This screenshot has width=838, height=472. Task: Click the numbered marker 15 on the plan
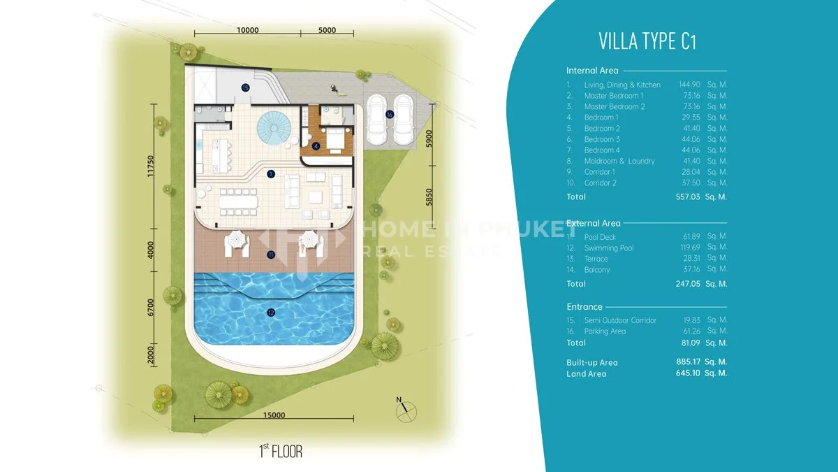pyautogui.click(x=245, y=88)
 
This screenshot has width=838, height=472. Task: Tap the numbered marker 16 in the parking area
pyautogui.click(x=390, y=114)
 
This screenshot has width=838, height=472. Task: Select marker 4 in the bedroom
pyautogui.click(x=316, y=146)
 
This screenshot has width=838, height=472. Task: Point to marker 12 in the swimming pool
pyautogui.click(x=271, y=313)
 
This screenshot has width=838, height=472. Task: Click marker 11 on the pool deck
pyautogui.click(x=271, y=255)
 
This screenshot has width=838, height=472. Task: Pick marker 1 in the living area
pyautogui.click(x=271, y=174)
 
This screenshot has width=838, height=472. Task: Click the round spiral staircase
pyautogui.click(x=274, y=128)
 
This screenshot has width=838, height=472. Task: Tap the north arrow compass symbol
pyautogui.click(x=406, y=410)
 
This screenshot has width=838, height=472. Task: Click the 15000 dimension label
pyautogui.click(x=274, y=415)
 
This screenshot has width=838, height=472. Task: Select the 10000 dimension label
pyautogui.click(x=248, y=30)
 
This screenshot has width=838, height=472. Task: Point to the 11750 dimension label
pyautogui.click(x=151, y=166)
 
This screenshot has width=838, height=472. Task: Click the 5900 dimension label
pyautogui.click(x=429, y=138)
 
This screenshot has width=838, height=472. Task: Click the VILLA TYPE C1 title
pyautogui.click(x=647, y=41)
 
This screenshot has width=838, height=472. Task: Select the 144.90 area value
pyautogui.click(x=689, y=85)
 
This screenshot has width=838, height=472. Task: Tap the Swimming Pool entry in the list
pyautogui.click(x=609, y=248)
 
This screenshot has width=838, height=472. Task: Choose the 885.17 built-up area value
pyautogui.click(x=689, y=362)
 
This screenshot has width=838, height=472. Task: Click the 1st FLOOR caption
pyautogui.click(x=281, y=451)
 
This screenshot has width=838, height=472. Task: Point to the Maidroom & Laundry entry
pyautogui.click(x=619, y=161)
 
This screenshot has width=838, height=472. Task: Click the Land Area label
pyautogui.click(x=586, y=373)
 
